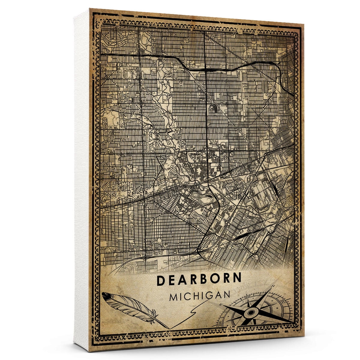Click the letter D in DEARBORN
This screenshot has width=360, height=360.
pos(161,280)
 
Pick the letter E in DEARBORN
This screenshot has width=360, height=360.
pos(172,280)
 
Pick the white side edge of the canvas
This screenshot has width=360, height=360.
pos(82,180)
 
